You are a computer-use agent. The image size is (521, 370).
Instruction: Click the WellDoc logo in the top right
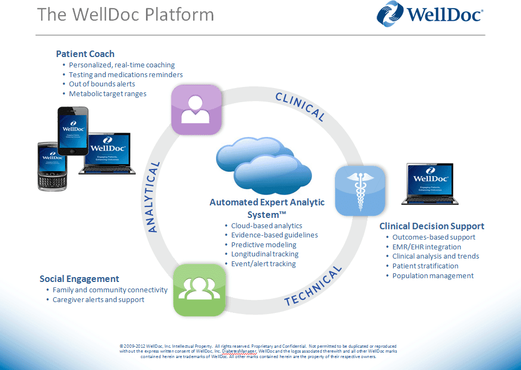coord(430,14)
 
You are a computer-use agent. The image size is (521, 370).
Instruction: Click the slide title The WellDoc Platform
coord(125,14)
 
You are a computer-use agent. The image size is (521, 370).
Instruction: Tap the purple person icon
coord(196,109)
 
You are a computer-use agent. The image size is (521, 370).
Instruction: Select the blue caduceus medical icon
coord(360,191)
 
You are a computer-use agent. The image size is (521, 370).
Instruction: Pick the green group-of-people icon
coord(199,290)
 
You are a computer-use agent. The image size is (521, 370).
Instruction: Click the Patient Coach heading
coord(85,54)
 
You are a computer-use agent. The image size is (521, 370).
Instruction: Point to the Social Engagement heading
coord(79,279)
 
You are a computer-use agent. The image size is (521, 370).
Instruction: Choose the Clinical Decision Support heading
coord(431,226)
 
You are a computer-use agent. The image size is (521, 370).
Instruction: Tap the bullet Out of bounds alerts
coord(102,84)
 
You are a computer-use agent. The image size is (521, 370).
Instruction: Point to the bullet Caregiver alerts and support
coord(98,299)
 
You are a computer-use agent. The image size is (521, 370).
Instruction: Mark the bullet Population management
coord(433,275)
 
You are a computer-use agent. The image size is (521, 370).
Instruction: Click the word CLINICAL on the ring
coord(300,106)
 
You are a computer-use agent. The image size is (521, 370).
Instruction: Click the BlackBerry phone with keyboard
coord(52,166)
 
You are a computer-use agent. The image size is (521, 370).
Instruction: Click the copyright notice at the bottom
coord(258,351)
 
